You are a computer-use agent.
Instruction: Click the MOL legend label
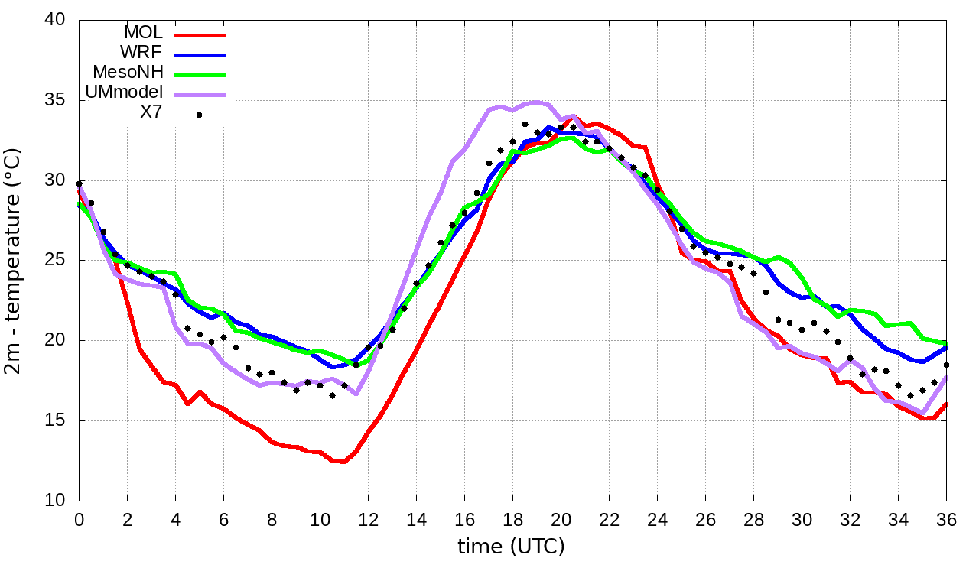tap(143, 34)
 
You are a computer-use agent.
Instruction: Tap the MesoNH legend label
tap(128, 73)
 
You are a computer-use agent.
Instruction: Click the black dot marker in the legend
tap(200, 115)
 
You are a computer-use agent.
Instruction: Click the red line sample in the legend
tap(200, 35)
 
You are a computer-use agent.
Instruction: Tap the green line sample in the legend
tap(200, 75)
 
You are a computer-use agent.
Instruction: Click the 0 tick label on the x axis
tap(79, 519)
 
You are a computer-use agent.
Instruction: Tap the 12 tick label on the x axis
tap(368, 519)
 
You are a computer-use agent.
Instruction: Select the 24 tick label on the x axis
tap(657, 519)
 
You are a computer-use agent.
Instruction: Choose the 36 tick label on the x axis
tap(946, 519)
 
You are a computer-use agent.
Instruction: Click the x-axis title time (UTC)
tap(511, 547)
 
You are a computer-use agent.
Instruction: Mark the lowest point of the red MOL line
tap(343, 462)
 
